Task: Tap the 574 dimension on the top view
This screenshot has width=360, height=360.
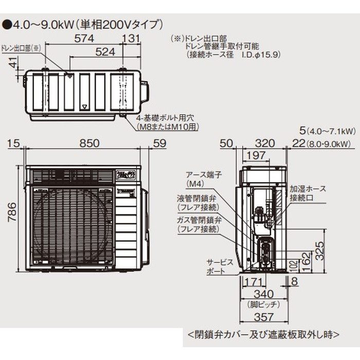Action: tap(83, 38)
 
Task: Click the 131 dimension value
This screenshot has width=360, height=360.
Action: tap(132, 38)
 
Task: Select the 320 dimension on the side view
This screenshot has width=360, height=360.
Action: tap(264, 143)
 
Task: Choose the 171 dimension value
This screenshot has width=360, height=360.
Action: tap(251, 282)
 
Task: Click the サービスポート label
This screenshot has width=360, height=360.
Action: tap(205, 265)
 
